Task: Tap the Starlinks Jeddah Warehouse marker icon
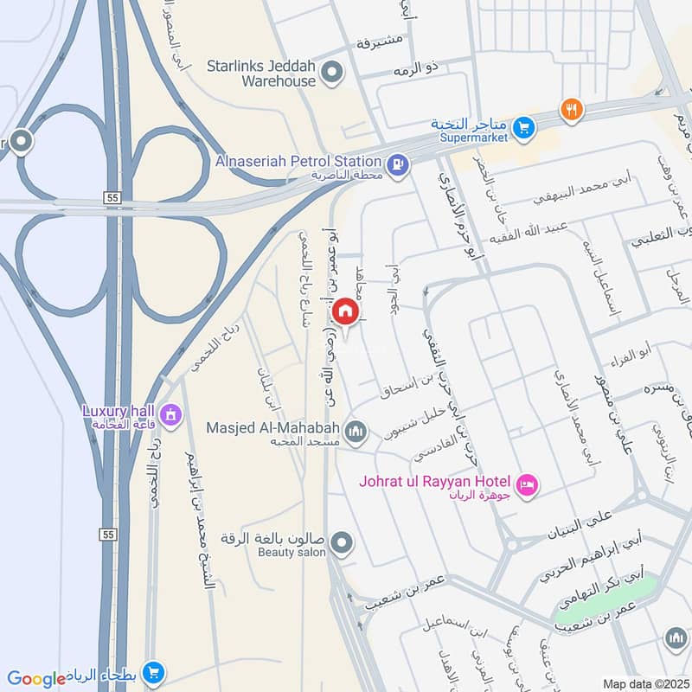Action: tap(330, 74)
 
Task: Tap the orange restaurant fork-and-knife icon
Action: tap(570, 109)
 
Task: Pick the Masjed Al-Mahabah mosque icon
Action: tap(356, 430)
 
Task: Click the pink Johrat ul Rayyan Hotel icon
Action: tap(528, 484)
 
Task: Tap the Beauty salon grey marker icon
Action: tap(343, 544)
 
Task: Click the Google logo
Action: tap(36, 679)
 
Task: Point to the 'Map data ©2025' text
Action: tap(644, 684)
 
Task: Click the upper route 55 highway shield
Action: tap(111, 198)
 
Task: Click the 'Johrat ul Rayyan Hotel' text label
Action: tap(436, 481)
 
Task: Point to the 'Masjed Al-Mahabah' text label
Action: tap(273, 427)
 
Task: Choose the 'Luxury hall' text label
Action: tap(119, 410)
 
